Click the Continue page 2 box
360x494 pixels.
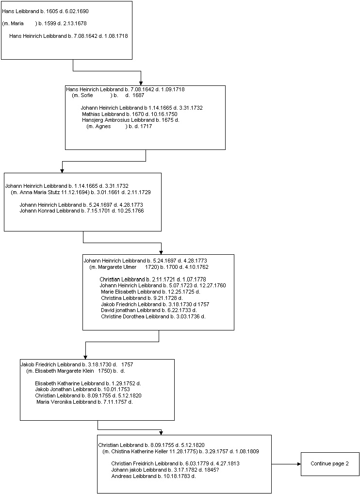click(x=330, y=464)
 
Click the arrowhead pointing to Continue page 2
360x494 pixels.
click(x=299, y=464)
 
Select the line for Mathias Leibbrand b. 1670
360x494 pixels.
click(x=130, y=114)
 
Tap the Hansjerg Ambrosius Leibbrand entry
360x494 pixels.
click(x=131, y=120)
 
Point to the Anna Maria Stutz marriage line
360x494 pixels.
click(x=81, y=192)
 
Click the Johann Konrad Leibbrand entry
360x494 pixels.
click(x=82, y=211)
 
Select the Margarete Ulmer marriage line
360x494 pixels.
click(x=149, y=267)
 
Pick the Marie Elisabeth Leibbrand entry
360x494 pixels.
click(x=150, y=292)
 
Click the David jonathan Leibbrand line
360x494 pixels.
click(x=148, y=310)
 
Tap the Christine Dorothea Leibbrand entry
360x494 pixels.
click(x=153, y=316)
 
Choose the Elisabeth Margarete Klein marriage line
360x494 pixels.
click(x=76, y=371)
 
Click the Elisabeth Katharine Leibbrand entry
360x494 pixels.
click(x=88, y=383)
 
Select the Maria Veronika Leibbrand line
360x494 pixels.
click(x=84, y=402)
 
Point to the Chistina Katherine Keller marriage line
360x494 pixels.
click(x=181, y=451)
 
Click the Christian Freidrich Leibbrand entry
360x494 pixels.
click(x=175, y=464)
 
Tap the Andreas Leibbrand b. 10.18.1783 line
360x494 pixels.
click(x=153, y=477)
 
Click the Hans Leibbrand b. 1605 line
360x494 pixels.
click(x=45, y=11)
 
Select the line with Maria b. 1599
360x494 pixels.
click(x=45, y=24)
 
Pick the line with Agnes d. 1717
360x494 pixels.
click(x=119, y=126)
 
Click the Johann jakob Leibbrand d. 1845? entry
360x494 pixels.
click(x=165, y=470)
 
